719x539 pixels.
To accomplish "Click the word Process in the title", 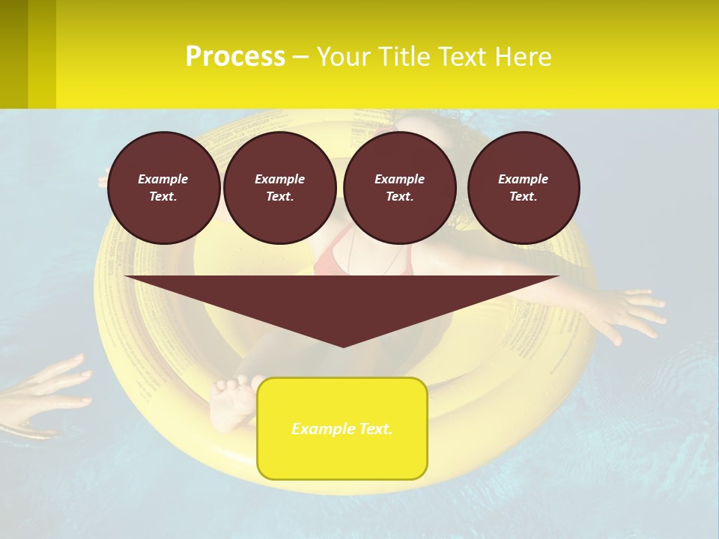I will pyautogui.click(x=235, y=57).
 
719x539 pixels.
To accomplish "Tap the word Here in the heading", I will pyautogui.click(x=522, y=57).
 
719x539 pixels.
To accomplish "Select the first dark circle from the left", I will pyautogui.click(x=163, y=188).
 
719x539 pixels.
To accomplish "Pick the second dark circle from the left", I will pyautogui.click(x=279, y=188).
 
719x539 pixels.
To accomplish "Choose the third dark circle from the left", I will pyautogui.click(x=399, y=188).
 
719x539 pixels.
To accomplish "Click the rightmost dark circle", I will pyautogui.click(x=524, y=188).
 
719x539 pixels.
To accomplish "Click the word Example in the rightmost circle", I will pyautogui.click(x=523, y=179).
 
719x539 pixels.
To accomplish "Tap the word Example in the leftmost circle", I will pyautogui.click(x=163, y=179).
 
